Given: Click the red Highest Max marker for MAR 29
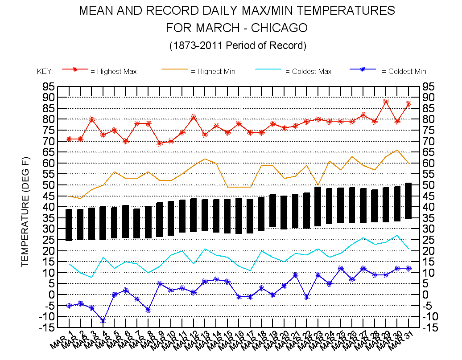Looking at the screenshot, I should pyautogui.click(x=386, y=102).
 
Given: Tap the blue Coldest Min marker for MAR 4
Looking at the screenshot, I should pyautogui.click(x=103, y=321).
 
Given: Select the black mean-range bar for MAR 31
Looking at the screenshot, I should pyautogui.click(x=408, y=200).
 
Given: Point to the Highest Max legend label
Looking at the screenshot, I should pyautogui.click(x=113, y=71).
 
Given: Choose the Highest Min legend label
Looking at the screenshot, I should pyautogui.click(x=213, y=71).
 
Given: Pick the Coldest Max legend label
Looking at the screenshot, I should pyautogui.click(x=308, y=71).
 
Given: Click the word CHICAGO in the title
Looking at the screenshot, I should pyautogui.click(x=279, y=28).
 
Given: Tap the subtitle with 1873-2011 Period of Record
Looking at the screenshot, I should pyautogui.click(x=238, y=45).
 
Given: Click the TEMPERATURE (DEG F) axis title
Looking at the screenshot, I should pyautogui.click(x=25, y=212).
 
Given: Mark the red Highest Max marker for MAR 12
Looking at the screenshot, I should pyautogui.click(x=194, y=117).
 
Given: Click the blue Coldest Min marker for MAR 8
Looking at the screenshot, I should pyautogui.click(x=148, y=310).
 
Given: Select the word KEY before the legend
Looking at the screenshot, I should pyautogui.click(x=45, y=71).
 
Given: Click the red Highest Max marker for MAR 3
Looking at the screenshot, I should pyautogui.click(x=91, y=119).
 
